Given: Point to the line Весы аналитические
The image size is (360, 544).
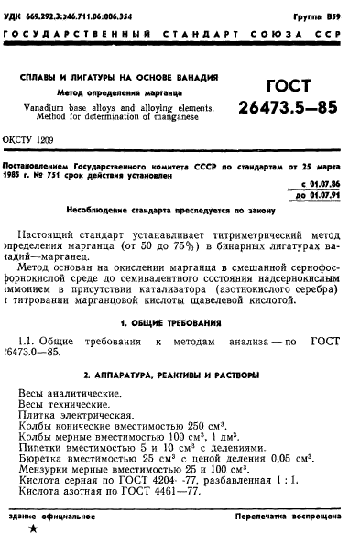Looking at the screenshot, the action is (71, 394).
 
